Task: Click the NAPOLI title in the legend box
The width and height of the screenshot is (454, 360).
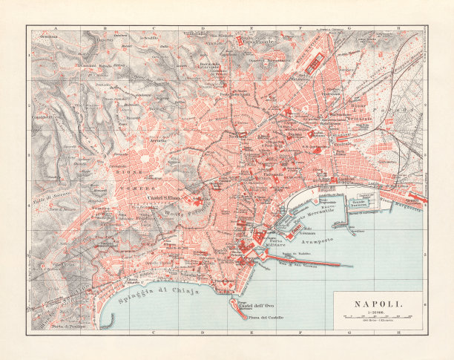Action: click(x=378, y=303)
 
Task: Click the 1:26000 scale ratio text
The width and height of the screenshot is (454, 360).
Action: click(x=377, y=311)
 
